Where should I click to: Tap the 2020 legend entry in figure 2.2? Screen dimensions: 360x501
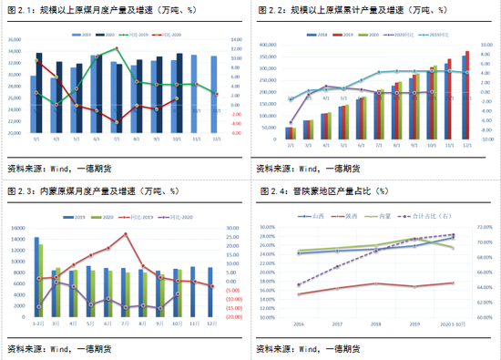click(370, 33)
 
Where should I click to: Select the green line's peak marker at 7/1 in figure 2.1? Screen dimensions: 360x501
click(117, 48)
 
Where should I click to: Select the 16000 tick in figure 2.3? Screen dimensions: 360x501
click(18, 227)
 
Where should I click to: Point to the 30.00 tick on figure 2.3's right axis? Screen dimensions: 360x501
click(233, 228)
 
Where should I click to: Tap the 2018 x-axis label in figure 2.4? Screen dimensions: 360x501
click(377, 323)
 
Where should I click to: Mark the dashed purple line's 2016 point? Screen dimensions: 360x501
click(299, 285)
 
